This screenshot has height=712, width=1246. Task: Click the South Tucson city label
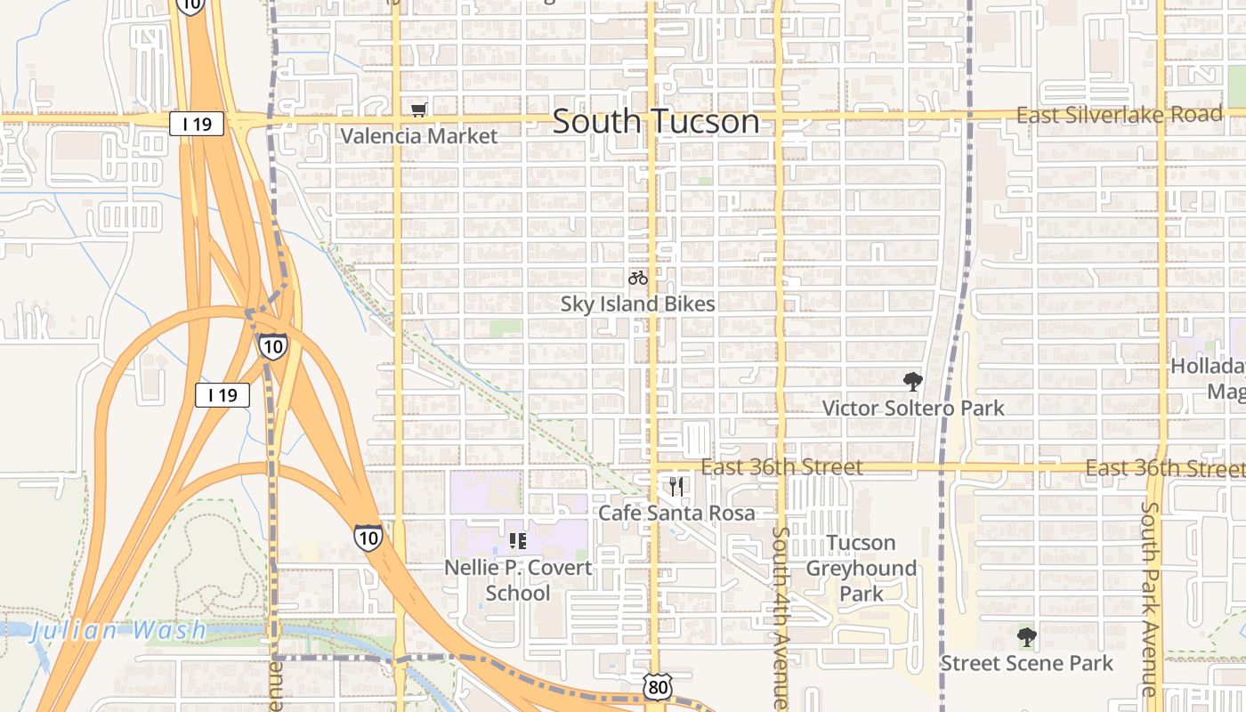(x=656, y=121)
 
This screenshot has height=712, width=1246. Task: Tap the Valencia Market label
(x=419, y=136)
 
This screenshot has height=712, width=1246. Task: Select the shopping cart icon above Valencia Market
(x=419, y=109)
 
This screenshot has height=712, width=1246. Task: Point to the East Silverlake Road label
(x=1120, y=115)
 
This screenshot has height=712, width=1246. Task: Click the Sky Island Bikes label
(x=637, y=303)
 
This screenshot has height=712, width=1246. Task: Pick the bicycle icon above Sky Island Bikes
(x=638, y=278)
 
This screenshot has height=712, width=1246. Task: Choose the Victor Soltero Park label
(x=913, y=408)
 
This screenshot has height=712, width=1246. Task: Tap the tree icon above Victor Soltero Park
(x=912, y=382)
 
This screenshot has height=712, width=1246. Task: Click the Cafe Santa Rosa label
(x=676, y=513)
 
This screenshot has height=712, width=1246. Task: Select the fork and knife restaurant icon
(x=676, y=487)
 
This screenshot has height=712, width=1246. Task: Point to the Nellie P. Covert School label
(x=518, y=579)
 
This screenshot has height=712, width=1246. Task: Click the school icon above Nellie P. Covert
(x=517, y=540)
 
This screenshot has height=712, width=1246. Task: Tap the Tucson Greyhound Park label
(x=861, y=568)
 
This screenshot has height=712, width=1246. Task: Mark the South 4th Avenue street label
(x=781, y=618)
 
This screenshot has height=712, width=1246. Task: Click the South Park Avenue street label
(x=1150, y=598)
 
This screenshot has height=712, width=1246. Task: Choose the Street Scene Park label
(x=1026, y=663)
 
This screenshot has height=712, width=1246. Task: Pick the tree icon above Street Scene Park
(x=1026, y=637)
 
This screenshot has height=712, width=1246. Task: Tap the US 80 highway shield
(x=657, y=686)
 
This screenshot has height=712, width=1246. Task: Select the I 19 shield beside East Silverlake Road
(x=197, y=124)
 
